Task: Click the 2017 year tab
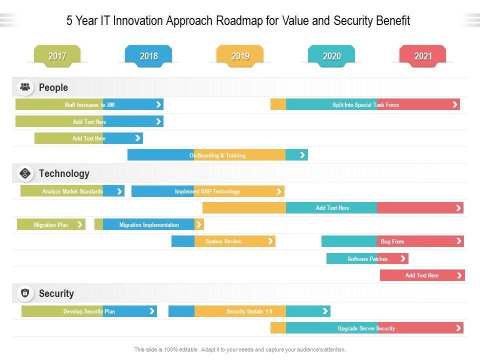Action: (x=57, y=56)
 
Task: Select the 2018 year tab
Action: (x=148, y=56)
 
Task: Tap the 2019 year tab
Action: (x=240, y=56)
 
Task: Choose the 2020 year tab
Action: (x=331, y=56)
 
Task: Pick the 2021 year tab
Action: (x=423, y=56)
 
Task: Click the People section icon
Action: (x=25, y=87)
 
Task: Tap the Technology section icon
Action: (x=25, y=173)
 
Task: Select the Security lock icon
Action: (x=25, y=293)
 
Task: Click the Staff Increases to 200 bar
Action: (x=89, y=104)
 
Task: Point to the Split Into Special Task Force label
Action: (x=365, y=105)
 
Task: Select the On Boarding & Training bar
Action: (x=217, y=155)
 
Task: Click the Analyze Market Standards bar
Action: (x=72, y=191)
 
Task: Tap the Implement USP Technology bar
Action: (x=207, y=191)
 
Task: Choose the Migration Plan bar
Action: (x=51, y=224)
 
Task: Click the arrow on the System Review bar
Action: (x=270, y=241)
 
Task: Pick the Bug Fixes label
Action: (x=392, y=241)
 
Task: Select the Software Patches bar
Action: (x=367, y=258)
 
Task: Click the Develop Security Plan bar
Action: (x=89, y=311)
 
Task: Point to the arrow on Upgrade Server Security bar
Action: (x=458, y=328)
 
